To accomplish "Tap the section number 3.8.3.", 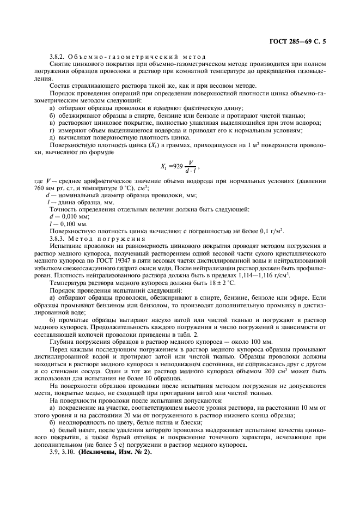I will pyautogui.click(x=58, y=238).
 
